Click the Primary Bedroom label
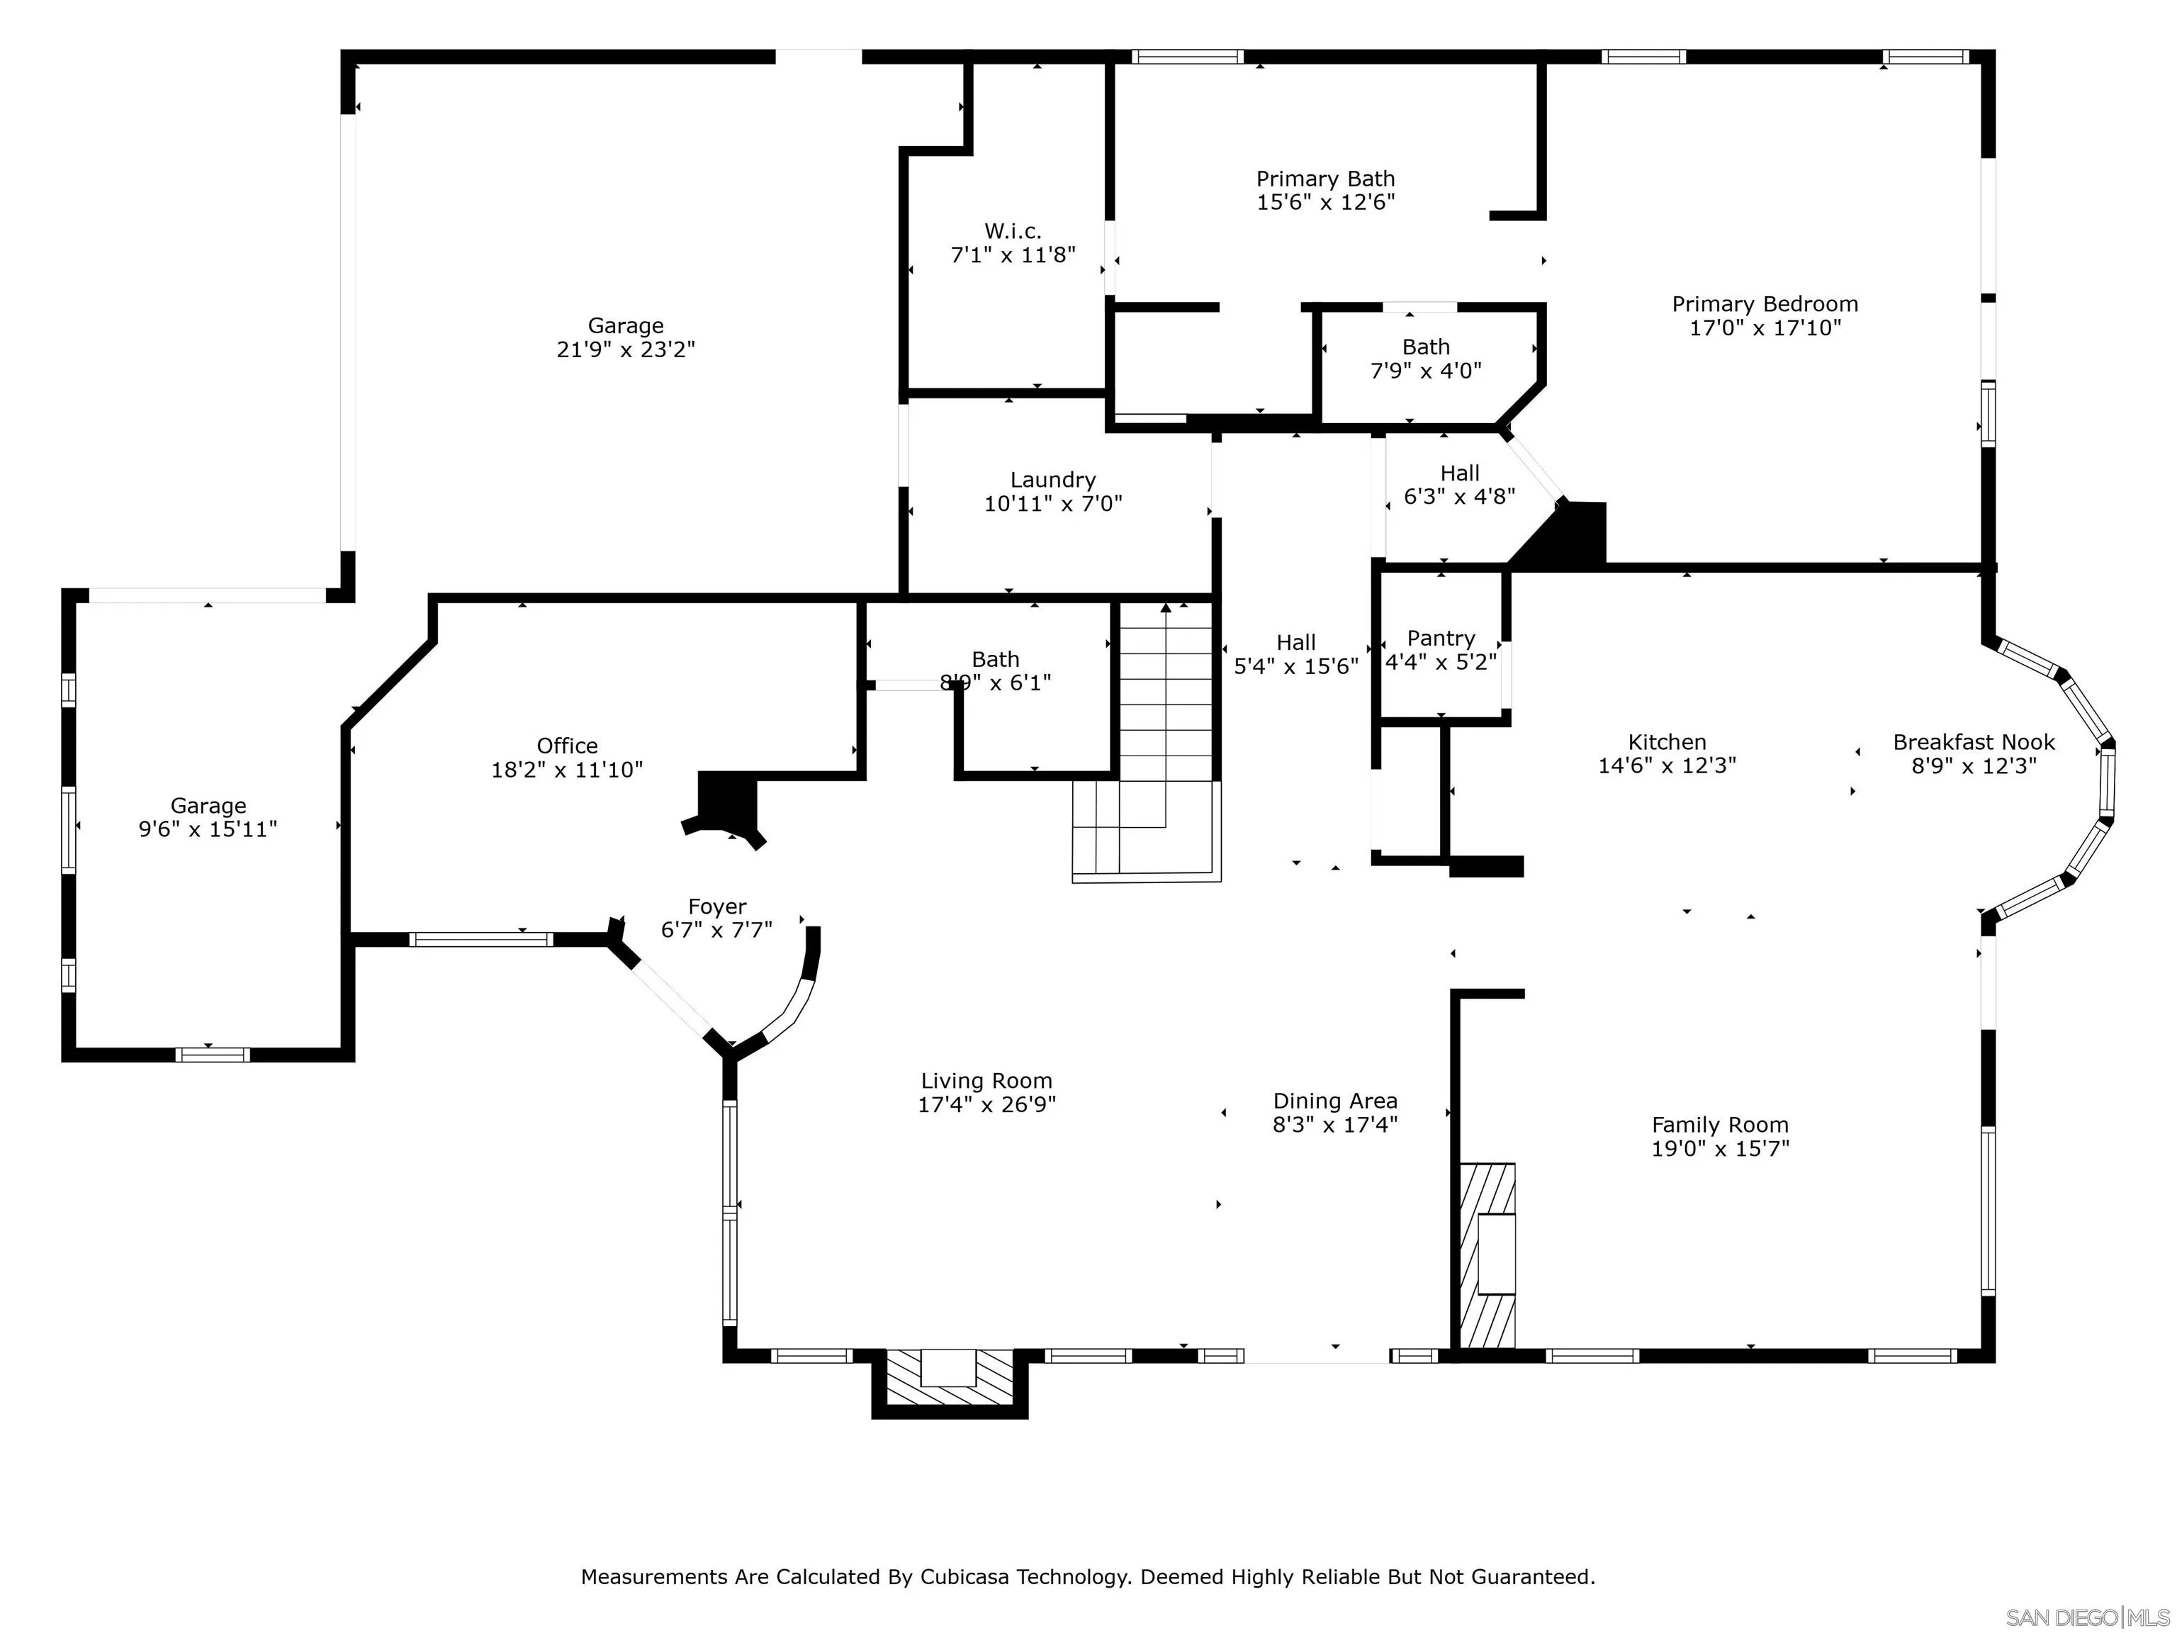1765,304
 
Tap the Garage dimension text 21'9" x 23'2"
626,349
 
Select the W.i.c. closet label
1013,231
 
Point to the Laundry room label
1053,481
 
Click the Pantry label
1441,639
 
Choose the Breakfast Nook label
1974,742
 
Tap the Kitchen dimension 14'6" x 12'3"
1667,765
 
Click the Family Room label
1721,1125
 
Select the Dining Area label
1336,1101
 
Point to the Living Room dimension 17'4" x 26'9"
987,1104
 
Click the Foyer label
717,907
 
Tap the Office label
568,746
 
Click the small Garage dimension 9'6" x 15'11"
208,830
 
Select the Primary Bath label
1326,179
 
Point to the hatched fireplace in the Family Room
1487,1255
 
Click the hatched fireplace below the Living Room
950,1377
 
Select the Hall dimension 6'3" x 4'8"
1460,497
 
